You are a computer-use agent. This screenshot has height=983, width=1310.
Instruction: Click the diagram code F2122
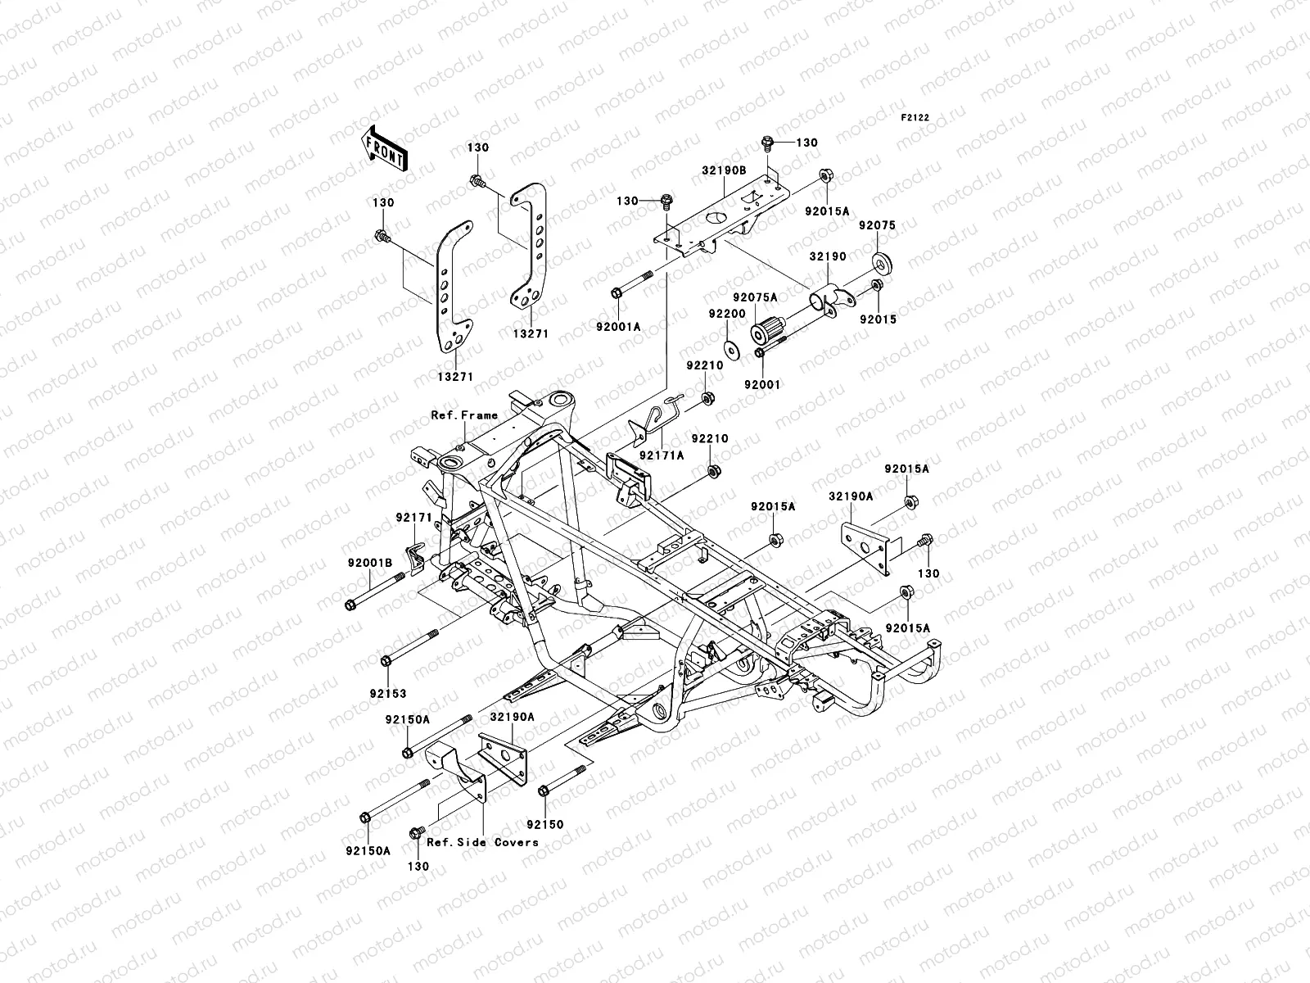pos(916,118)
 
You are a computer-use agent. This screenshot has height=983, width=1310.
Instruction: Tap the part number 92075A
pos(755,297)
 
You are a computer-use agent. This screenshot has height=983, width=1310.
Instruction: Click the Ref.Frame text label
pos(464,415)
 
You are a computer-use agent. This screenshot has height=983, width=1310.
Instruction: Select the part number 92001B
pos(371,563)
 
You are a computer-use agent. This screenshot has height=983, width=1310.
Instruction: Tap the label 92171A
pos(661,455)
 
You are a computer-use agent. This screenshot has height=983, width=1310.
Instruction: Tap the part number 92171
pos(413,517)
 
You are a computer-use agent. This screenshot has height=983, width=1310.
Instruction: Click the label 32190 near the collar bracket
pos(828,256)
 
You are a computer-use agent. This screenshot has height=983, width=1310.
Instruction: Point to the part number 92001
pos(763,383)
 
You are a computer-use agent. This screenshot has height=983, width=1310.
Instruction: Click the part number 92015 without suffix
pos(878,319)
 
